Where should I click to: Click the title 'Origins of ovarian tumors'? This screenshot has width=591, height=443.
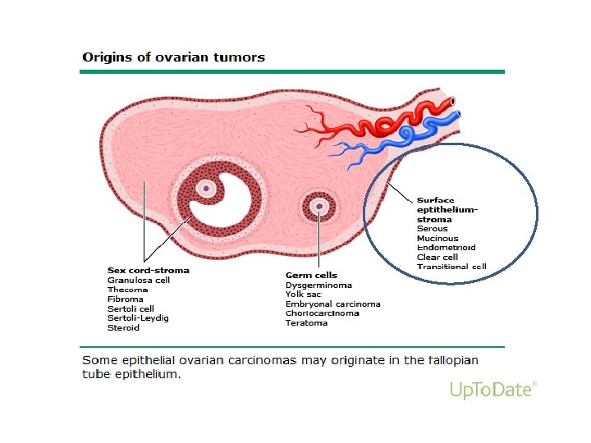point(173,57)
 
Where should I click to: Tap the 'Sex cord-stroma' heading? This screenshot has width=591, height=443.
point(149,270)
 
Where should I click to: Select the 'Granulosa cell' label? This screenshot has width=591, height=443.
point(139,280)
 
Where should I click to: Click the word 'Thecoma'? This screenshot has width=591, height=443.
point(127,290)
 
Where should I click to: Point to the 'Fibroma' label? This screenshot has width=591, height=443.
point(126,299)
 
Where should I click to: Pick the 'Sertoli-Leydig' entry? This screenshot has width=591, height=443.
point(138,318)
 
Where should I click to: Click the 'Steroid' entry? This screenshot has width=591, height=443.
point(124,328)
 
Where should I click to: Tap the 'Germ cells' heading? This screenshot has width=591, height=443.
point(311,275)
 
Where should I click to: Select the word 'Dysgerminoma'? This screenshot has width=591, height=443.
point(318,285)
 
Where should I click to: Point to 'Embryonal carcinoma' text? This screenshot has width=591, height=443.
point(332,304)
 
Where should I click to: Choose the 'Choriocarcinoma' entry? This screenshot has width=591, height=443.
point(323,313)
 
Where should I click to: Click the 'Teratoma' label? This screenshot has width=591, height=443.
point(306,323)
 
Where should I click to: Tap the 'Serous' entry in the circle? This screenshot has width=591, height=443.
point(433,229)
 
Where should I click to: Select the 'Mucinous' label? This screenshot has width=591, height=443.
point(438,239)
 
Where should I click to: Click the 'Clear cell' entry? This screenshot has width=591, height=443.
point(438,257)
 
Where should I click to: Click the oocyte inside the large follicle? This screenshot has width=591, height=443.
point(208,189)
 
